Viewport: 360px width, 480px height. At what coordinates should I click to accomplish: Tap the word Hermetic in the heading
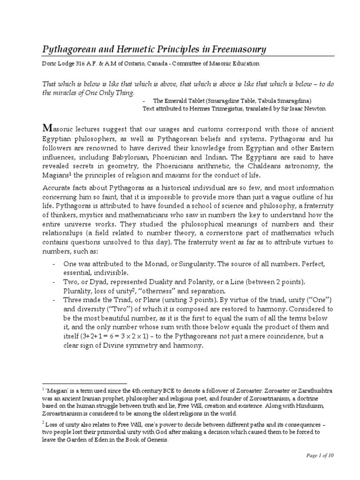coord(148,50)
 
